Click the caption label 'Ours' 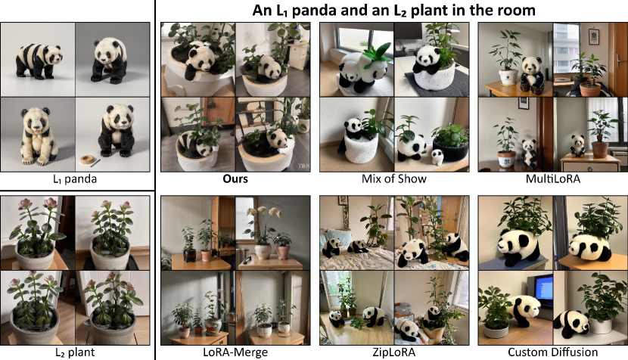[x=235, y=178]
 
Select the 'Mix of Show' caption [x=393, y=178]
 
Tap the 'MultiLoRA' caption [x=552, y=178]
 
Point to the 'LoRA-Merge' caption [x=235, y=352]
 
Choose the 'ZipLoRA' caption [x=393, y=352]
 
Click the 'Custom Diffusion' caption [x=552, y=352]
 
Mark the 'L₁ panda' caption [x=75, y=179]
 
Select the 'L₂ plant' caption [x=75, y=352]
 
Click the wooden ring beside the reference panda [x=87, y=160]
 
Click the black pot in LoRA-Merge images [x=189, y=256]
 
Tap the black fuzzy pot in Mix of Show [x=451, y=150]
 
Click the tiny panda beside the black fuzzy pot [x=437, y=157]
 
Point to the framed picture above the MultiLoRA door [x=593, y=36]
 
